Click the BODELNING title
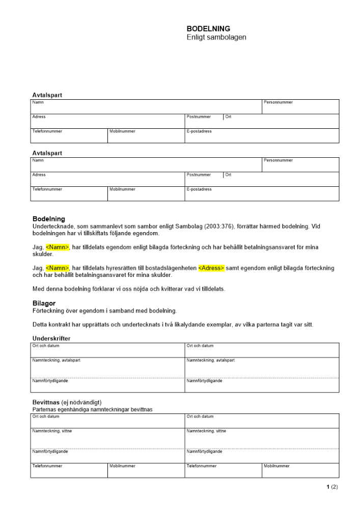click(208, 29)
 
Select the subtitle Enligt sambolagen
click(216, 38)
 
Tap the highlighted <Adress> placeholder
click(211, 268)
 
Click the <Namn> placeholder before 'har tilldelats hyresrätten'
click(58, 268)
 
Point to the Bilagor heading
click(44, 303)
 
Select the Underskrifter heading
click(51, 338)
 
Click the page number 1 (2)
click(332, 487)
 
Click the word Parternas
click(45, 409)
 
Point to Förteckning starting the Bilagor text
click(49, 310)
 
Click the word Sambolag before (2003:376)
click(167, 226)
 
